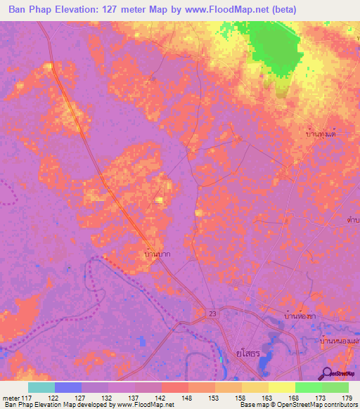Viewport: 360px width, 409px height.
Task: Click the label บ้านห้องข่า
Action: [302, 316]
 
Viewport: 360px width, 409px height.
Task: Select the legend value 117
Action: [27, 398]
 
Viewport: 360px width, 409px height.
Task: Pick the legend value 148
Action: [167, 398]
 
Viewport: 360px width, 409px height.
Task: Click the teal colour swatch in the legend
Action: [41, 387]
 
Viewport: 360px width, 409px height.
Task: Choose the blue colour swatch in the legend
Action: [68, 387]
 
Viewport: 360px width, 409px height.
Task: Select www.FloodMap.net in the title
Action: [224, 9]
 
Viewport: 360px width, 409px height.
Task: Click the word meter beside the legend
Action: [11, 398]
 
